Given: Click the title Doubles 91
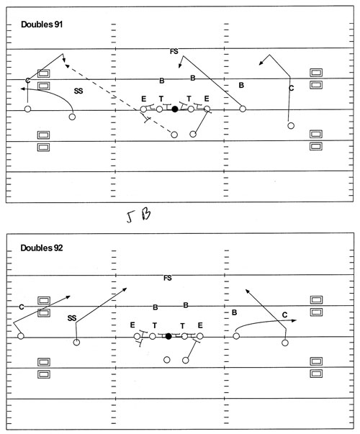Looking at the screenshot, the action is point(42,24).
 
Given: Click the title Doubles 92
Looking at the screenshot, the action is point(42,248).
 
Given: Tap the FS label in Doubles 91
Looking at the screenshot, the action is point(174,51).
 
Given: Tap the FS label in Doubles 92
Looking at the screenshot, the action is point(168,278).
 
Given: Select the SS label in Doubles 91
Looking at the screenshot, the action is point(78,91).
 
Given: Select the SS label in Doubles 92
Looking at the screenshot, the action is point(72,318).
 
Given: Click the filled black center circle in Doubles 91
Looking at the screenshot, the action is point(175,109).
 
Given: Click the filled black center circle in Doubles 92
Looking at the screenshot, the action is point(168,336).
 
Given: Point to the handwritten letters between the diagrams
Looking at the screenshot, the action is point(138,216).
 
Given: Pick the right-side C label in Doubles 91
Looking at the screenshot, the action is point(291,89).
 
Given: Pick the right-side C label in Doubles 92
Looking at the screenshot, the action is point(284,315).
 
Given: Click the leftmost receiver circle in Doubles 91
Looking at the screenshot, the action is point(27,109).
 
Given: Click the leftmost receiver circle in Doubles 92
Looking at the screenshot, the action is point(21,336).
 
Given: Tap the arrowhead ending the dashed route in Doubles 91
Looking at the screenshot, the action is point(66,65).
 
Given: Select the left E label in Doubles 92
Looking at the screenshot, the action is point(132,325).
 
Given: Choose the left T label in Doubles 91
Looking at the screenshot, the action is point(161,99).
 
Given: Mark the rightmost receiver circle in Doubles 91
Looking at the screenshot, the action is point(291,126).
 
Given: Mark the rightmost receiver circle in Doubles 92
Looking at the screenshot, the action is point(285,343).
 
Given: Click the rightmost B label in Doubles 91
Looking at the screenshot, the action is point(241,85).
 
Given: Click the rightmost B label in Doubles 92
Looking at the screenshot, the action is point(234,312).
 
